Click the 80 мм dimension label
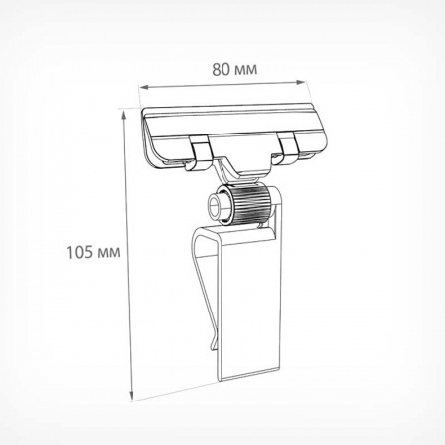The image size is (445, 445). click(x=234, y=70)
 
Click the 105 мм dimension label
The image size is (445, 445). click(x=93, y=253)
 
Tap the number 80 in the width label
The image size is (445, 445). click(x=221, y=70)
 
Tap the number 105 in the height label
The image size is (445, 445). click(x=79, y=253)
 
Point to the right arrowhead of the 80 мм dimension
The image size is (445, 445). click(x=300, y=82)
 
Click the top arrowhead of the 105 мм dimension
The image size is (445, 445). click(x=124, y=115)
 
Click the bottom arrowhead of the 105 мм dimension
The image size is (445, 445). click(x=132, y=394)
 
